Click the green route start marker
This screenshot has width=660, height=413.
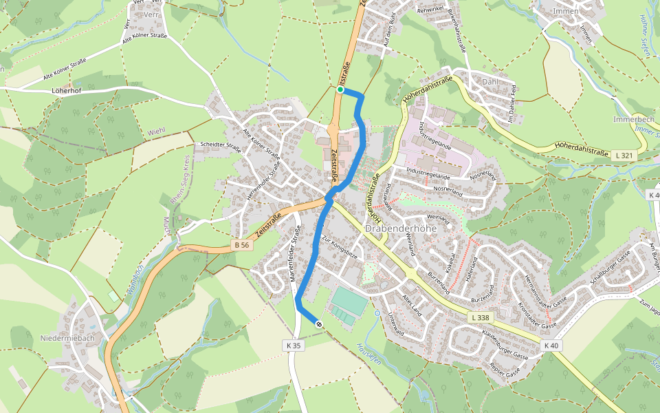[x=340, y=89]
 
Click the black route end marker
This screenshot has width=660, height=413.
[x=319, y=324]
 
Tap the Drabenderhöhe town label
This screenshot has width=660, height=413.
[x=401, y=229]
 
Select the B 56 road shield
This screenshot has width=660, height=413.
[x=240, y=244]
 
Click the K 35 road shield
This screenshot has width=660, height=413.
[x=294, y=345]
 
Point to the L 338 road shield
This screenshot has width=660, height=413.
[x=481, y=317]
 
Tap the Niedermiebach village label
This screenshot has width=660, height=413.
[x=67, y=338]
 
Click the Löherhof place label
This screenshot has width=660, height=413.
[x=67, y=91]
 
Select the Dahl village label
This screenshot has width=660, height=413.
[x=489, y=82]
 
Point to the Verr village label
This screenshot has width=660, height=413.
[x=151, y=14]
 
